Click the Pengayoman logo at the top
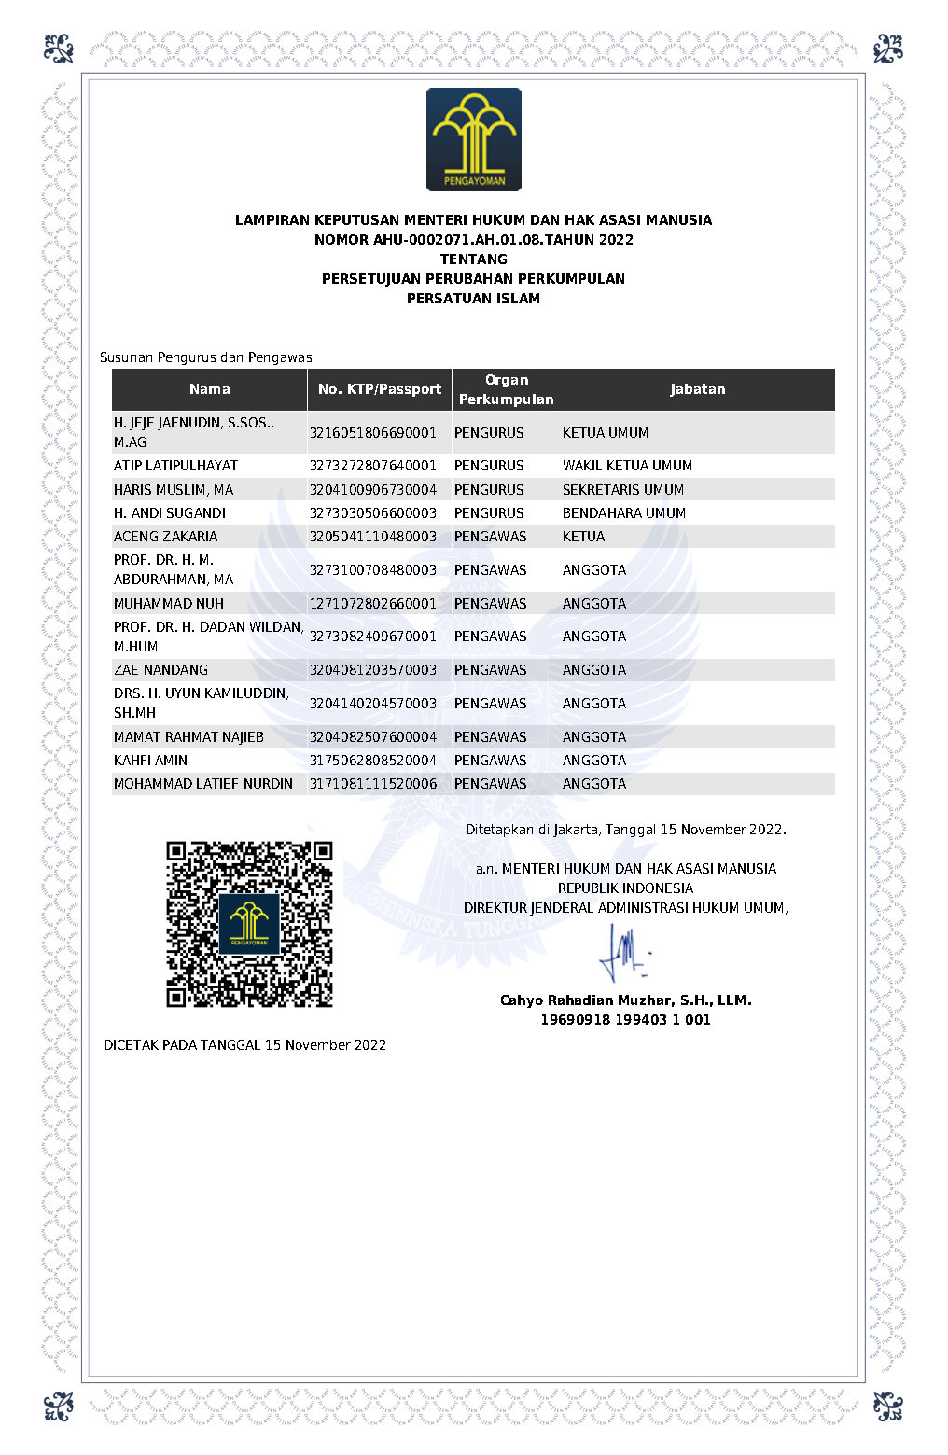pos(473,139)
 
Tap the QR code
pos(249,924)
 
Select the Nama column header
pos(209,389)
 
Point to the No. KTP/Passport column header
pos(379,389)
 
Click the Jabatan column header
pos(697,389)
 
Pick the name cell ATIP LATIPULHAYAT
pos(175,466)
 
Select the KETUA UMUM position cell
pos(605,433)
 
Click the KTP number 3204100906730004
pos(373,490)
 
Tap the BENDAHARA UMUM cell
pos(623,513)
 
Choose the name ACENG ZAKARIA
pos(165,537)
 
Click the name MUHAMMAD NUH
pos(169,604)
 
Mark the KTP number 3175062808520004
pos(373,761)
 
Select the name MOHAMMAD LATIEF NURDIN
pos(203,784)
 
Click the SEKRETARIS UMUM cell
pos(622,490)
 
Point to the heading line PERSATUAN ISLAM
pos(473,299)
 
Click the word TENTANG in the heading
pos(473,259)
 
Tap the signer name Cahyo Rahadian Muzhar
pos(625,1000)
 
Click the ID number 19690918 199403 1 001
pos(625,1020)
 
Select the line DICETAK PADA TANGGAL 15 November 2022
pos(244,1045)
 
